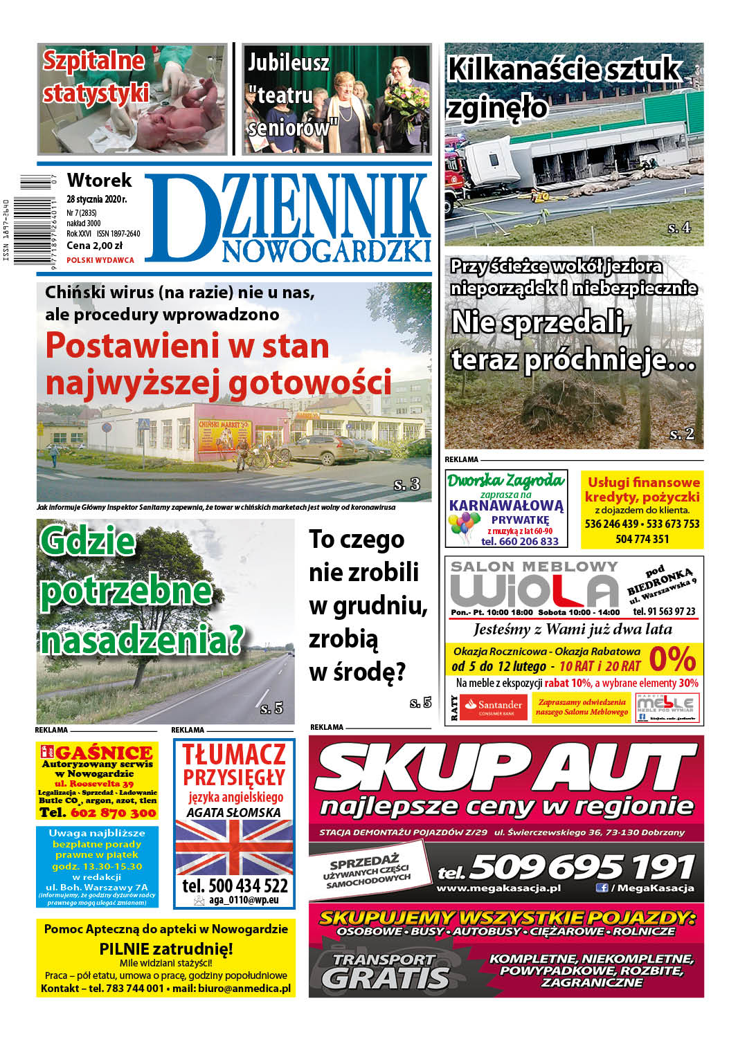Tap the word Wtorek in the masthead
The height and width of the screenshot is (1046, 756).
pos(99,181)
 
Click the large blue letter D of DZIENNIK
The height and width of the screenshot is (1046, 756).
pos(179,217)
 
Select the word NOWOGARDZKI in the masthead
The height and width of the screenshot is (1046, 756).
pos(326,251)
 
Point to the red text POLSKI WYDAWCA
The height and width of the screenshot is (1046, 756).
pos(100,260)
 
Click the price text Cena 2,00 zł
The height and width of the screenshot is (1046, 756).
pos(94,246)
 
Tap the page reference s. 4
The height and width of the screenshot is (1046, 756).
pos(678,228)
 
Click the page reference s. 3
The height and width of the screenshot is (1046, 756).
pos(406,484)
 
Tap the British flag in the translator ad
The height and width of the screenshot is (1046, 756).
pos(234,848)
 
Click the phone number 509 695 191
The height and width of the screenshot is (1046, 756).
pos(582,867)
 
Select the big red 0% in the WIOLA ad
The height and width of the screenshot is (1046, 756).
pos(672,659)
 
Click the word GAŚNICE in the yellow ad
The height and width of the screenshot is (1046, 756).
pos(104,753)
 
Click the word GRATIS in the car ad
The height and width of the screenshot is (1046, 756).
pos(385,978)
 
